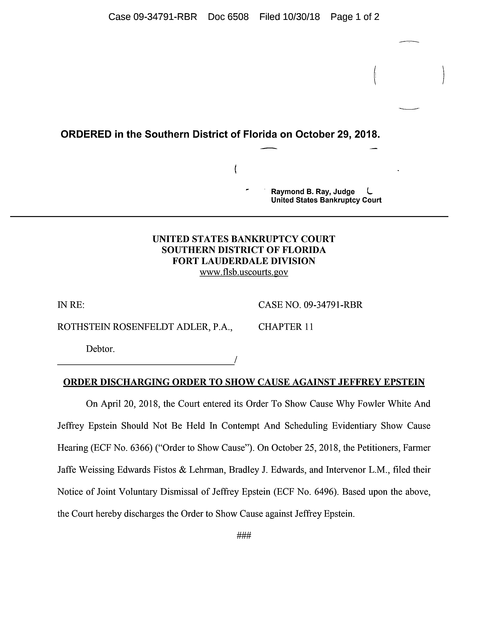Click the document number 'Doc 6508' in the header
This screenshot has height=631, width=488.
tap(228, 17)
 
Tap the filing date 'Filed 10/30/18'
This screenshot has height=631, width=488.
tap(289, 17)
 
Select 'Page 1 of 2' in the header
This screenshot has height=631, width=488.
tap(355, 17)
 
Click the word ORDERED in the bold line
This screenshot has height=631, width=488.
tap(86, 134)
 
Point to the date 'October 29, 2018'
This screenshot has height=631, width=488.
tap(337, 134)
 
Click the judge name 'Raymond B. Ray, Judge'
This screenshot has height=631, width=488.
tap(313, 192)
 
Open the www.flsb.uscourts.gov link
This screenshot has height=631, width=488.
tap(244, 272)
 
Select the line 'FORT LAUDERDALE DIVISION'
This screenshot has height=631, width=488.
tap(244, 261)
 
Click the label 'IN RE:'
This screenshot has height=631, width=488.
tap(71, 305)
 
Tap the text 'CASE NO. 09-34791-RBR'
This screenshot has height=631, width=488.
tap(310, 305)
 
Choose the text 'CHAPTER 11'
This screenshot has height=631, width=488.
tap(286, 327)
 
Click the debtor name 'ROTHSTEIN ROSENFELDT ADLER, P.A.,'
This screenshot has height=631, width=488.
tap(144, 327)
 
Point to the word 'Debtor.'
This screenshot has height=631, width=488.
tap(100, 349)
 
